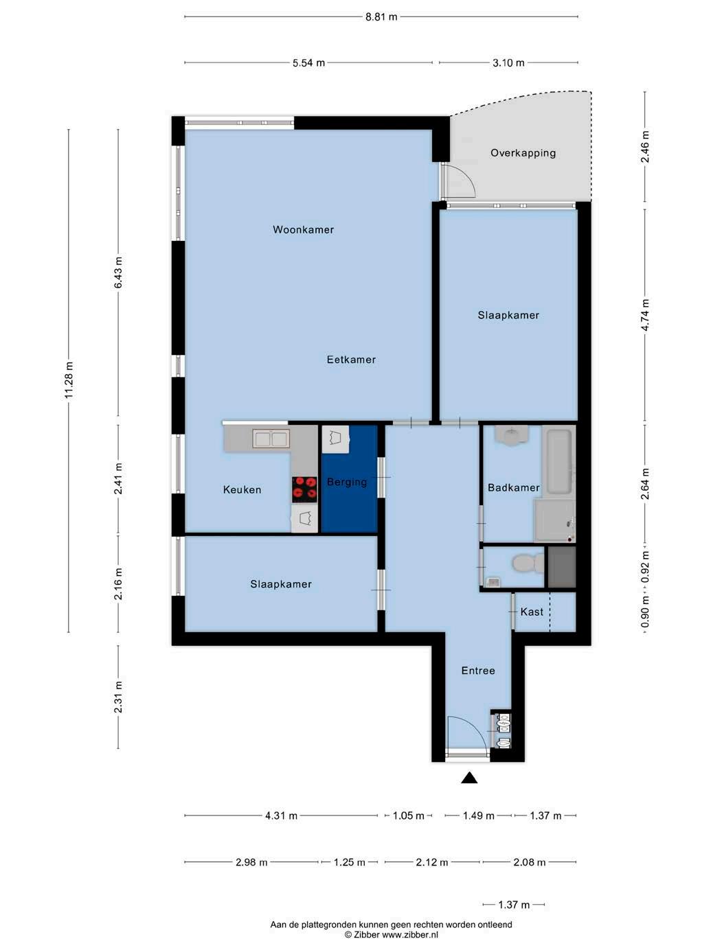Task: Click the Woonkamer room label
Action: (303, 229)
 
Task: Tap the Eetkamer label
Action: (351, 359)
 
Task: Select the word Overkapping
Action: (523, 153)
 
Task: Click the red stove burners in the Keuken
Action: (304, 489)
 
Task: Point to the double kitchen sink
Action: (271, 439)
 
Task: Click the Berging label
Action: (347, 482)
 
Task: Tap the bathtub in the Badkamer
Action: (559, 461)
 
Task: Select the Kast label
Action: (532, 612)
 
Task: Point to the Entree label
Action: (478, 671)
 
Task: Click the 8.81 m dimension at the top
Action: (381, 17)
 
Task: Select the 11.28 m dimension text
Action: (69, 380)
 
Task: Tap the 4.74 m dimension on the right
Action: (644, 314)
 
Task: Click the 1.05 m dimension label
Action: (408, 816)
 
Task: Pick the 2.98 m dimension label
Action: (251, 862)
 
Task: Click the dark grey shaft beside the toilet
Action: (562, 567)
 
